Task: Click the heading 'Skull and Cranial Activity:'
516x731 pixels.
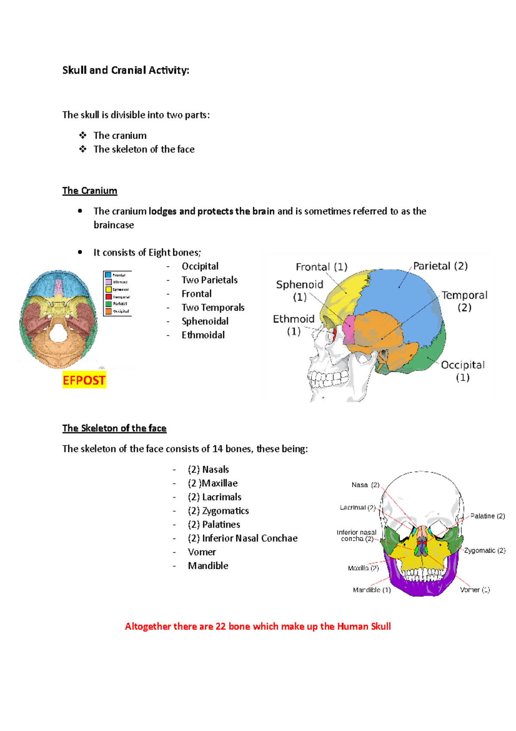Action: click(126, 70)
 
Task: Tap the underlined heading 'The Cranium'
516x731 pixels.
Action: click(89, 191)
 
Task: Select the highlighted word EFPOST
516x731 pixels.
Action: click(84, 381)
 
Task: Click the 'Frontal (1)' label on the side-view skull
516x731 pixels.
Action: click(321, 267)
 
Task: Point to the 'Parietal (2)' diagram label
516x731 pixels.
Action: click(440, 266)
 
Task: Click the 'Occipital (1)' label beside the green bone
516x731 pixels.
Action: click(463, 371)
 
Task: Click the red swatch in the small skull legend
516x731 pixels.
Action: click(108, 297)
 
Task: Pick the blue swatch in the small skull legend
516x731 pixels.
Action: click(108, 275)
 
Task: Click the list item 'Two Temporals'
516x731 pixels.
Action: click(213, 307)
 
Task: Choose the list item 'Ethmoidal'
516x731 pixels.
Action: click(203, 335)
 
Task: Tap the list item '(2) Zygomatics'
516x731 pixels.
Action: click(218, 511)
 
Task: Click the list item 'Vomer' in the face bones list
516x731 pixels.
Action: click(202, 552)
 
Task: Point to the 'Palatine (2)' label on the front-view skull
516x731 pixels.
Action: click(487, 516)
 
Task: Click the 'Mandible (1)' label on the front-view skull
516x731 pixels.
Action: click(372, 590)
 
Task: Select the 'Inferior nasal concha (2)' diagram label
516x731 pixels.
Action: click(356, 536)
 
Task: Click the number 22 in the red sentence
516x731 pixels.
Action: click(221, 626)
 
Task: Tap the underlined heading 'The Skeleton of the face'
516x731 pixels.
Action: click(114, 428)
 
